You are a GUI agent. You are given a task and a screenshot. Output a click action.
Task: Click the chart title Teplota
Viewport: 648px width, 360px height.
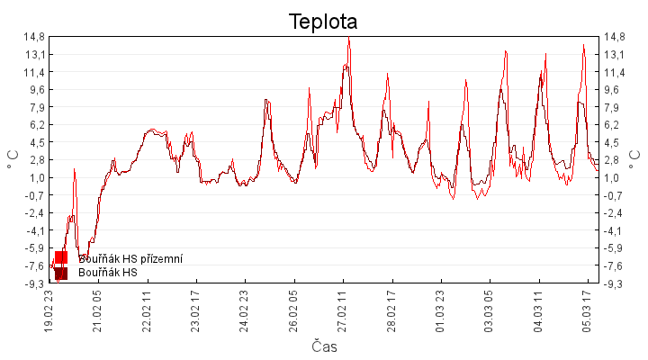(323, 21)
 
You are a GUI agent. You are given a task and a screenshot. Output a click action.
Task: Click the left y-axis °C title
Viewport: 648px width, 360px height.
(13, 160)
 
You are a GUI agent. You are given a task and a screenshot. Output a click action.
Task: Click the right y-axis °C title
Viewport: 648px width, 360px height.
(634, 160)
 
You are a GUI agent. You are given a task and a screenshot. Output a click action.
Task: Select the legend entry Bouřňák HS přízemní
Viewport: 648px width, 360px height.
(130, 258)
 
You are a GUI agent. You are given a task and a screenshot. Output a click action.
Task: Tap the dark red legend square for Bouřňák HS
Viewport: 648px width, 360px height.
(61, 273)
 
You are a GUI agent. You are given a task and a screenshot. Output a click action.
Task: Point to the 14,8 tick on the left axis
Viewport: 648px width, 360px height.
(36, 37)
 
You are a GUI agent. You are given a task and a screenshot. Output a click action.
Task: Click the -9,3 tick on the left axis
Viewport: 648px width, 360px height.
(36, 283)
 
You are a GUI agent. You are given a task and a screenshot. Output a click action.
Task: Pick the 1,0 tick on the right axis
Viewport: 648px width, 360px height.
(613, 177)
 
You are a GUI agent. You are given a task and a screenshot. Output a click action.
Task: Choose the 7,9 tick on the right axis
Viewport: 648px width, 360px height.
(613, 107)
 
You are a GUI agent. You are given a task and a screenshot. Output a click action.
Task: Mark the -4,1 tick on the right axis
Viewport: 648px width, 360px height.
(615, 230)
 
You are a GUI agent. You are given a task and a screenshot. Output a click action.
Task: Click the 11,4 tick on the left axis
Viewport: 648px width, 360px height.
(36, 72)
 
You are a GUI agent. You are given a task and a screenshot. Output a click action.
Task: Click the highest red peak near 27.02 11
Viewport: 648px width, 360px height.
(348, 39)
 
